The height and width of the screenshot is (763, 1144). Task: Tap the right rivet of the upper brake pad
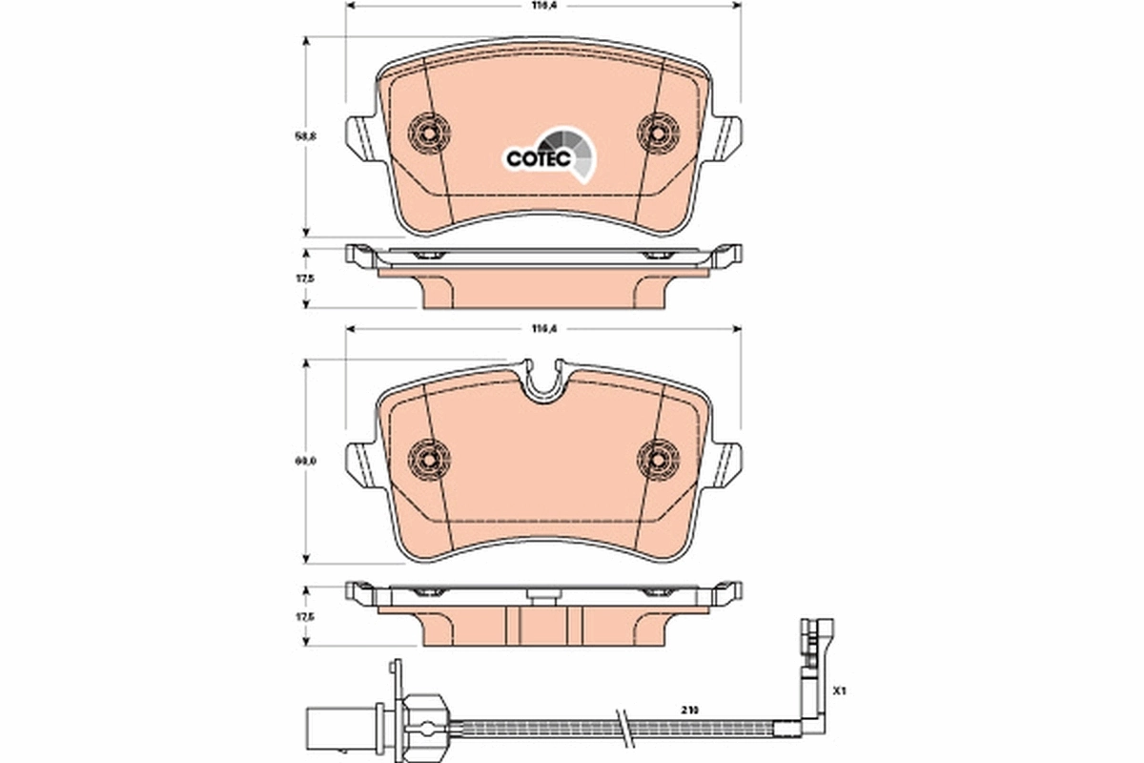point(657,132)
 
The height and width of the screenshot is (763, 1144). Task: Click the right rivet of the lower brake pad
point(657,459)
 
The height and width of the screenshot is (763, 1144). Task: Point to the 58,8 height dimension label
point(307,136)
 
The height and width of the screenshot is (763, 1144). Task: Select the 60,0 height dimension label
point(307,461)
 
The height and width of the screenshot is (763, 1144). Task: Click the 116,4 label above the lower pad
point(543,329)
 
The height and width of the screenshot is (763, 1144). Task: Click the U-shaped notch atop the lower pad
point(544,381)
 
